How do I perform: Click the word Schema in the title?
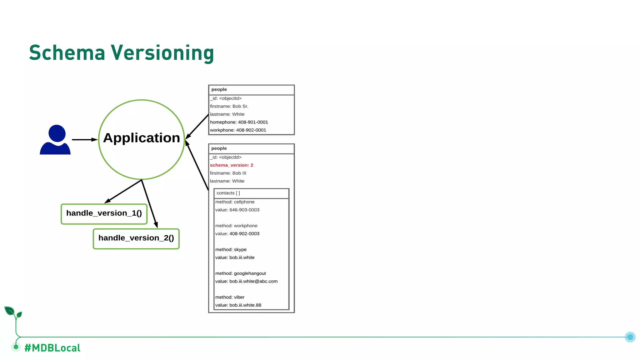click(67, 53)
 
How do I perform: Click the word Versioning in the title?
click(162, 53)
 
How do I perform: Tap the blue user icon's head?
click(57, 133)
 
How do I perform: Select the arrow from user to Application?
click(84, 140)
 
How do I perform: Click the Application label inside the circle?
click(142, 138)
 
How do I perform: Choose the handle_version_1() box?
click(104, 214)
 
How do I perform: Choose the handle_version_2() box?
click(136, 239)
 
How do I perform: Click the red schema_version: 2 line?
click(232, 165)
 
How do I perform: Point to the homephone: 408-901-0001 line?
click(239, 122)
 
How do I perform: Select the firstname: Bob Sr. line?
click(229, 106)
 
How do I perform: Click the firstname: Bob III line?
click(228, 173)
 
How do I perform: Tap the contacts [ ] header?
click(228, 193)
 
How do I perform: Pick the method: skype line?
click(231, 249)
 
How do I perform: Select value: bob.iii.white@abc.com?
click(246, 281)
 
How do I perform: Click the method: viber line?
click(230, 297)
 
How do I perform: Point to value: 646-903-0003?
click(237, 210)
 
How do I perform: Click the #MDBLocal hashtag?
click(52, 348)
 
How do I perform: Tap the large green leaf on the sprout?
click(9, 311)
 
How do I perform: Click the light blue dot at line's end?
click(630, 337)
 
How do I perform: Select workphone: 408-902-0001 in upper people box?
click(238, 130)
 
